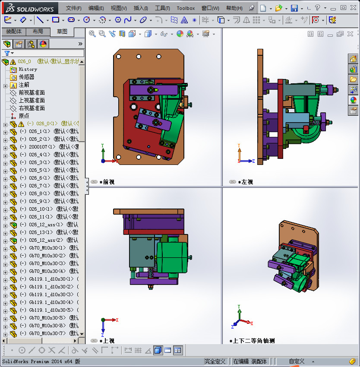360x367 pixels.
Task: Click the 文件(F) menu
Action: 73,8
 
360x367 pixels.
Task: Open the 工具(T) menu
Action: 163,8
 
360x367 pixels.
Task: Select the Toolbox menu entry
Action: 186,8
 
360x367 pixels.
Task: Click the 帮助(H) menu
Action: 234,8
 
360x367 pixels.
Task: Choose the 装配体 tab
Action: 13,32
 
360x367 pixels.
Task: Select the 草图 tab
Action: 62,32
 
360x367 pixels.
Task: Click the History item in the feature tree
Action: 28,69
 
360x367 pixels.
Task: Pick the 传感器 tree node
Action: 26,77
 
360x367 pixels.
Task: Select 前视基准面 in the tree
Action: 32,92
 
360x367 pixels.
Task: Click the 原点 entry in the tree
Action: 24,116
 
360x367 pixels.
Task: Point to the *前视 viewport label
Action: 107,182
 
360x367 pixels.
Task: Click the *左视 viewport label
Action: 245,182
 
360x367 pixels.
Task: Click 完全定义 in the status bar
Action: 215,361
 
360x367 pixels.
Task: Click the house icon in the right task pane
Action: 353,59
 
